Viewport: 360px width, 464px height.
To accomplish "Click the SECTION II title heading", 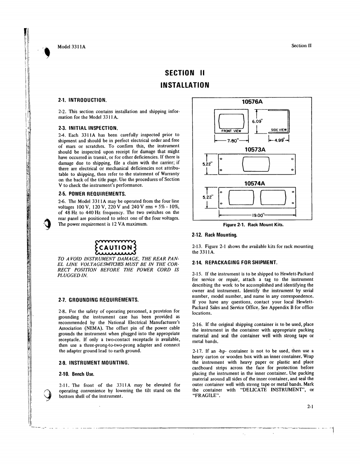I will pos(185,73).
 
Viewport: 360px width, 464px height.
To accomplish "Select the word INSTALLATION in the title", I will pos(185,86).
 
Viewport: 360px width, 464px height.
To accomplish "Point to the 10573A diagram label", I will pos(255,149).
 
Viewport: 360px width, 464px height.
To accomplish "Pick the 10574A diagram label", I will pos(255,183).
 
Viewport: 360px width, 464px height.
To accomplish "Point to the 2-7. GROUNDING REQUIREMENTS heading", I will pos(98,299).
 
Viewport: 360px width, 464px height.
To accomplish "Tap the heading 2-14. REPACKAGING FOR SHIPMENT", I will pos(235,263).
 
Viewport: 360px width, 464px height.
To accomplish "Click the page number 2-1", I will pos(309,406).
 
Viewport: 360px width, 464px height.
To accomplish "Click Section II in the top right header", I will pos(301,45).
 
